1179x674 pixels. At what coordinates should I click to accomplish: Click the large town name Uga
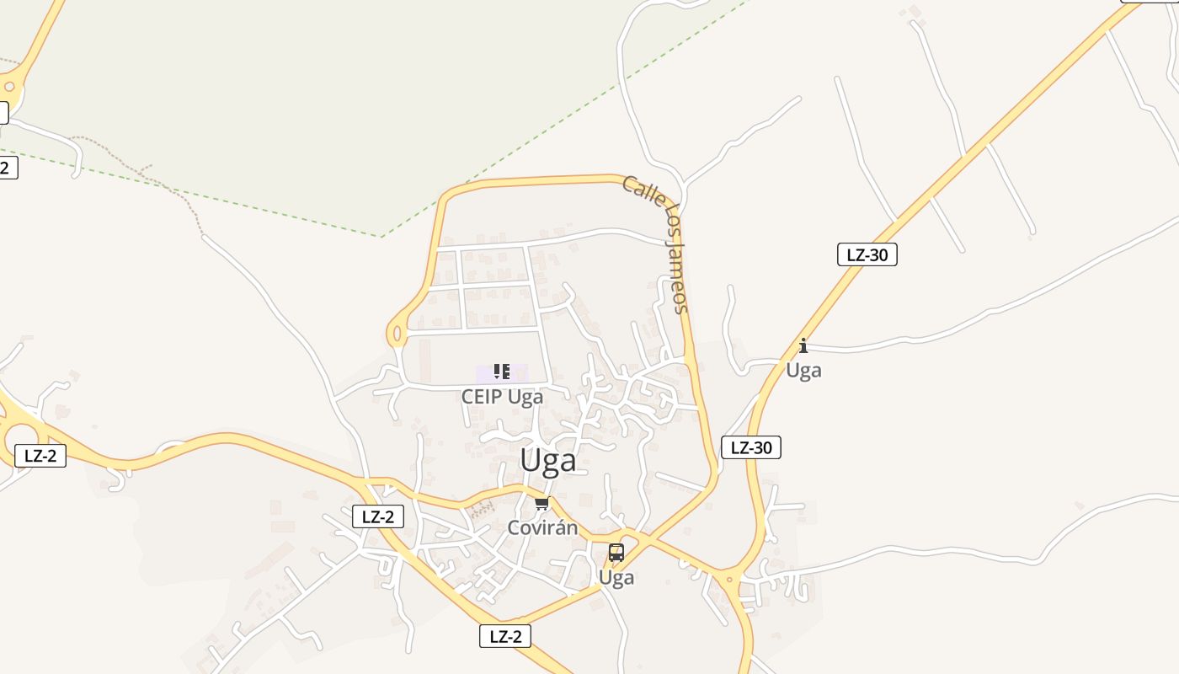click(548, 461)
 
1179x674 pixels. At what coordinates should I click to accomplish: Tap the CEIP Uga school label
click(502, 396)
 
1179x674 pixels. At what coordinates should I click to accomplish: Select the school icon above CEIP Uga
click(502, 372)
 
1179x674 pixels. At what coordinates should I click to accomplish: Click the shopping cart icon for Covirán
click(541, 504)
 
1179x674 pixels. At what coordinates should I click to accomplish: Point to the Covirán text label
click(542, 528)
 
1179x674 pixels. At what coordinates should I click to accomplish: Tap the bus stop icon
click(616, 553)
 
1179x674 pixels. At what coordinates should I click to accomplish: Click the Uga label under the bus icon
click(616, 578)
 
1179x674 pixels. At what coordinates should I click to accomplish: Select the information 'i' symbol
click(803, 345)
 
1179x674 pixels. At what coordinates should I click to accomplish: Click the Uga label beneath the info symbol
click(803, 370)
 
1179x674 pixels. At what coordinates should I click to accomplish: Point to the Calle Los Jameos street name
click(657, 244)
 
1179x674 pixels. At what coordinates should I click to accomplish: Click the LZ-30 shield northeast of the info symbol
click(867, 254)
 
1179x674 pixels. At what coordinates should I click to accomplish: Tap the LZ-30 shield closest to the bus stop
click(751, 447)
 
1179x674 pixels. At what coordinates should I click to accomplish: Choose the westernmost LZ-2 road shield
click(40, 456)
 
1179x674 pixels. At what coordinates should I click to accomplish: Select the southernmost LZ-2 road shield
click(505, 636)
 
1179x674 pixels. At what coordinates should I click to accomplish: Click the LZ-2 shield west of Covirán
click(377, 516)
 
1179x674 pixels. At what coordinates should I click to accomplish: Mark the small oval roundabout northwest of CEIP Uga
click(396, 334)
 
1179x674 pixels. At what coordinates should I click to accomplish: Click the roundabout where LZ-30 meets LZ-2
click(729, 579)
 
